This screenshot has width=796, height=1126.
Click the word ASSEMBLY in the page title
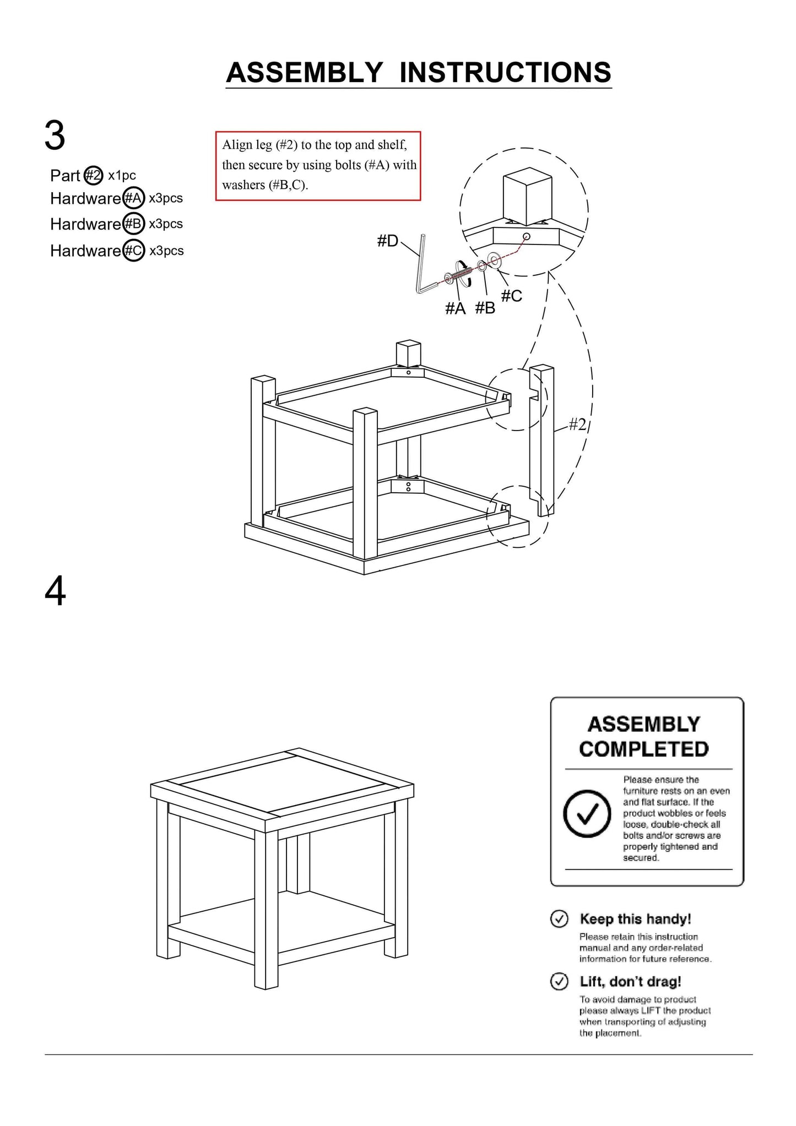(304, 73)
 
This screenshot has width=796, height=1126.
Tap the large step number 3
(55, 136)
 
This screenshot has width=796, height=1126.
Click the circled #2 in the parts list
(94, 176)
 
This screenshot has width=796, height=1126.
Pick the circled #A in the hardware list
(133, 198)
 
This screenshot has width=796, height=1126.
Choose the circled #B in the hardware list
(133, 224)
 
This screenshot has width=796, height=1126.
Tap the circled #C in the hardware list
(133, 251)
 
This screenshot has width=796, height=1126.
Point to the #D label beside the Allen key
(387, 241)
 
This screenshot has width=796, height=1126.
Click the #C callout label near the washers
(512, 296)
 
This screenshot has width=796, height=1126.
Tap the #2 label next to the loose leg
(577, 424)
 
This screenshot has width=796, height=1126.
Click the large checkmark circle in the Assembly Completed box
(587, 813)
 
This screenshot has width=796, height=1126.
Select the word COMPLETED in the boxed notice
(644, 749)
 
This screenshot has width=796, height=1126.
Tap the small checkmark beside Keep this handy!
(559, 919)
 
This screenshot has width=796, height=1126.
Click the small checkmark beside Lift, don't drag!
(559, 981)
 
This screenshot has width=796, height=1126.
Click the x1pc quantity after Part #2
(122, 176)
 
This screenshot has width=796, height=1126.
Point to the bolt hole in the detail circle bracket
(526, 237)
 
